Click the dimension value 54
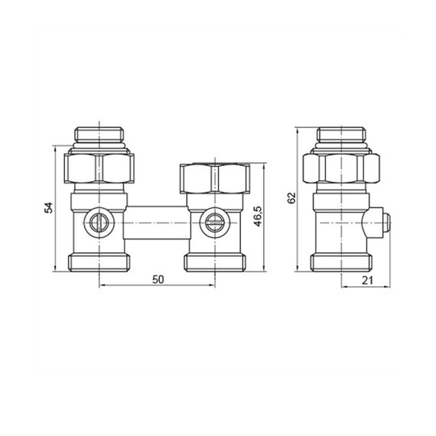(47, 207)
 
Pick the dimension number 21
(366, 280)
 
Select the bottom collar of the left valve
(101, 262)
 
